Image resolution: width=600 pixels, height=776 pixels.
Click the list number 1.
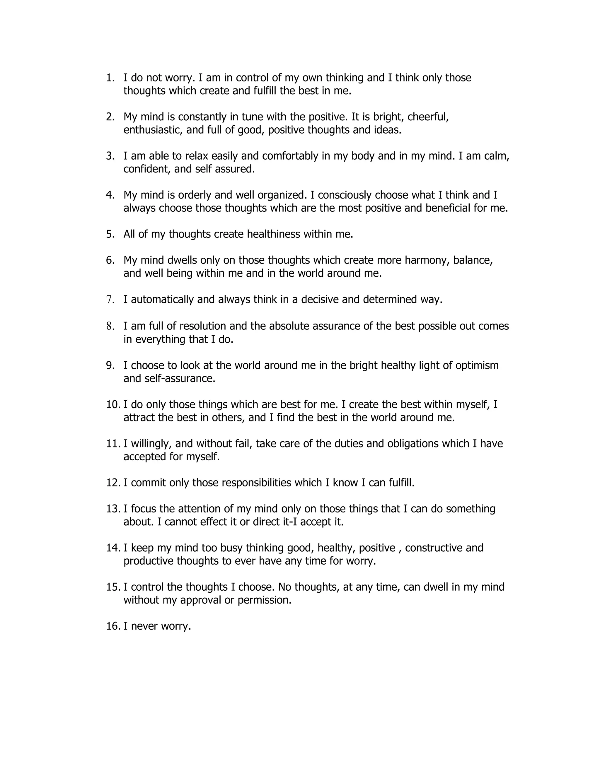coord(110,78)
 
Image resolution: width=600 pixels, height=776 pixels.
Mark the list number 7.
coord(110,300)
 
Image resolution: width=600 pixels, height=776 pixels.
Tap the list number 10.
coord(113,404)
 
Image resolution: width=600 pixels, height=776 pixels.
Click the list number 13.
coord(113,509)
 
